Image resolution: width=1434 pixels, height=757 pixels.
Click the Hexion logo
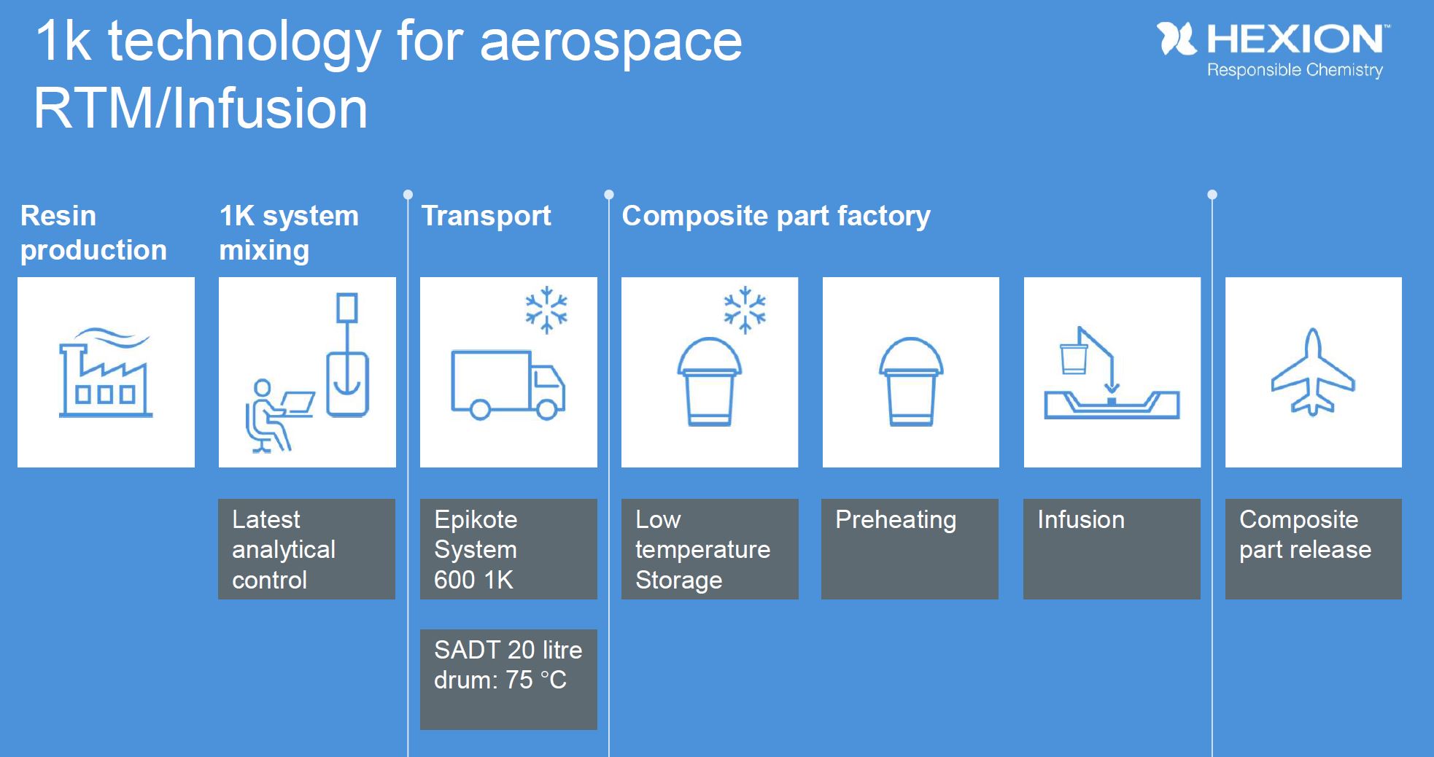tap(1273, 40)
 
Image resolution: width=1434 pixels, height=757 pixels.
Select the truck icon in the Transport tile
tap(508, 384)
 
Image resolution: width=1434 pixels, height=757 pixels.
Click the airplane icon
tap(1313, 373)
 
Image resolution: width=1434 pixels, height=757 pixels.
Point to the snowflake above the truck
tap(546, 310)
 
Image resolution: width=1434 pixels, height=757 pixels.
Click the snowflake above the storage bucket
tap(745, 310)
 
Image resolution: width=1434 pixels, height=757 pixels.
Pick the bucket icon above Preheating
tap(911, 381)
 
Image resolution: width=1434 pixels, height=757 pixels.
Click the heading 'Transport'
tap(487, 216)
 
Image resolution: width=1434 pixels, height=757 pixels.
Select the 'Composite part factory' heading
tap(776, 216)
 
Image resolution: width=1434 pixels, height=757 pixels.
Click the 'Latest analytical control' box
tap(306, 549)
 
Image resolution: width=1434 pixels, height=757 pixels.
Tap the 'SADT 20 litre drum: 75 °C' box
tap(508, 679)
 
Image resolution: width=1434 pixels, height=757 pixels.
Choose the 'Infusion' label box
tap(1112, 549)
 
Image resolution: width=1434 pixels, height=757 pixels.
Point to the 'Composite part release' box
tap(1313, 549)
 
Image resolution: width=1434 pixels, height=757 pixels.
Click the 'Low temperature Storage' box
tap(710, 549)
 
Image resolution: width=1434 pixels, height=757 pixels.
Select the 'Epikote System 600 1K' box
tap(508, 549)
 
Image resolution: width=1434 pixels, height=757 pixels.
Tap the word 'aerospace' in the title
tap(611, 42)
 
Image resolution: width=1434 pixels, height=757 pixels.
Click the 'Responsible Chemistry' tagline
tap(1295, 70)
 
